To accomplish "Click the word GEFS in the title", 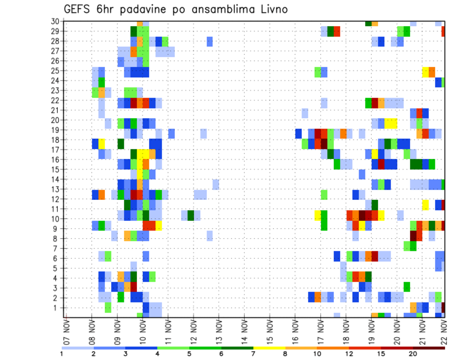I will tap(78, 9).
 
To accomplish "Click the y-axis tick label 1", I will tap(57, 308).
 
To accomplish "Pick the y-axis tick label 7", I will tap(57, 248).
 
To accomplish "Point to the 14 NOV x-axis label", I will tap(244, 332).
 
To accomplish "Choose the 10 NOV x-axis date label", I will tap(142, 332).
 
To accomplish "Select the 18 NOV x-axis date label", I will tap(346, 332).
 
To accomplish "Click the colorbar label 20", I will tap(413, 354).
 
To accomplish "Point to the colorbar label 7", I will tap(253, 354).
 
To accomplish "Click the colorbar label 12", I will tap(349, 354).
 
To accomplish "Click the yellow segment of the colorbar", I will tap(269, 348).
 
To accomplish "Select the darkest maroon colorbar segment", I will tap(429, 348).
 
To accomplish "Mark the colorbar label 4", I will tap(158, 354).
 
